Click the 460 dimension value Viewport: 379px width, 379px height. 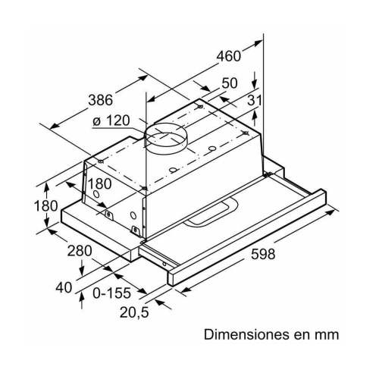(x=229, y=56)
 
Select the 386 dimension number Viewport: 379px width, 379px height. (x=100, y=100)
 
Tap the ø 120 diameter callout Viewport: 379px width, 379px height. (x=111, y=121)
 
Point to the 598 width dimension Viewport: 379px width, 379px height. (x=263, y=254)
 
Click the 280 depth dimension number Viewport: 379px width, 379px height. (x=80, y=251)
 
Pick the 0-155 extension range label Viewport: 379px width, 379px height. (x=112, y=293)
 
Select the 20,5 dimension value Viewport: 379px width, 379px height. (x=134, y=312)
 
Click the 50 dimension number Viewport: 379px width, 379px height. (x=230, y=83)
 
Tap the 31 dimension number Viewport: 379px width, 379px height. (x=254, y=100)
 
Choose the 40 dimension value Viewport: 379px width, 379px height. (x=64, y=287)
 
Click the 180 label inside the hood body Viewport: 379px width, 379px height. (x=99, y=183)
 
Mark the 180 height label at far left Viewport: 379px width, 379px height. (x=45, y=205)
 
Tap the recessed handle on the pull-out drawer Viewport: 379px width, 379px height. (x=211, y=211)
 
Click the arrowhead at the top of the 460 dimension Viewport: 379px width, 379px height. (x=257, y=43)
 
